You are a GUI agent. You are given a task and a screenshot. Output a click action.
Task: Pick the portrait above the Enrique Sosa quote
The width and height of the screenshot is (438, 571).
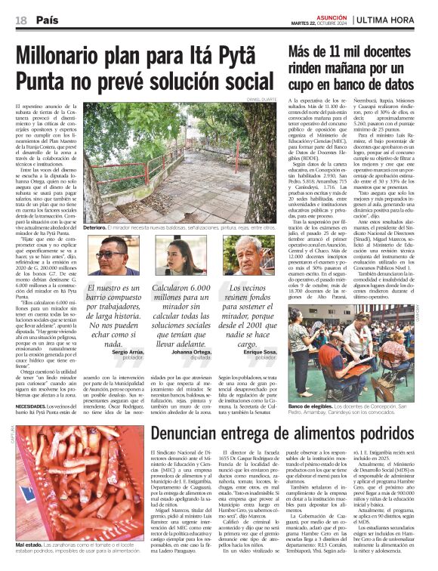click(248, 256)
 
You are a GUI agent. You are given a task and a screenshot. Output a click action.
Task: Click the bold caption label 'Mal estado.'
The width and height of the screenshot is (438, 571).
click(29, 545)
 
